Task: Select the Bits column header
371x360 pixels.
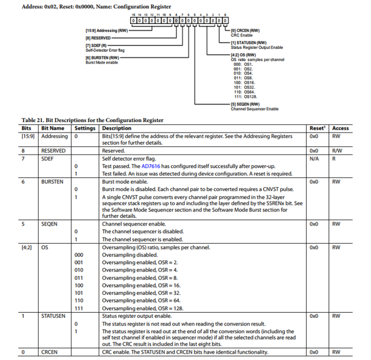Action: (x=26, y=128)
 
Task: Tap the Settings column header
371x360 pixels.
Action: (x=85, y=128)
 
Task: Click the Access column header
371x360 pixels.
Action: (x=340, y=128)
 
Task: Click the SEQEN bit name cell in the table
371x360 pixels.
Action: (x=50, y=224)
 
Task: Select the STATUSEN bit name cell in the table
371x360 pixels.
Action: (x=53, y=316)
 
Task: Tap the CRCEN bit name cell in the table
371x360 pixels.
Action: (x=50, y=352)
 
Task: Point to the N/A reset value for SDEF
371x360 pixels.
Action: (x=314, y=158)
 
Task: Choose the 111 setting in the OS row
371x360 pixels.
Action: (x=79, y=308)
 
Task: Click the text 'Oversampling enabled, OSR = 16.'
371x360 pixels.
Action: (x=141, y=285)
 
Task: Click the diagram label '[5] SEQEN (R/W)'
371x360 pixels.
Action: (x=245, y=104)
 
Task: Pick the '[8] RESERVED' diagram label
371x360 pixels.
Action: (x=98, y=38)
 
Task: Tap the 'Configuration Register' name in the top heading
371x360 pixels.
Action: (x=142, y=6)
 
